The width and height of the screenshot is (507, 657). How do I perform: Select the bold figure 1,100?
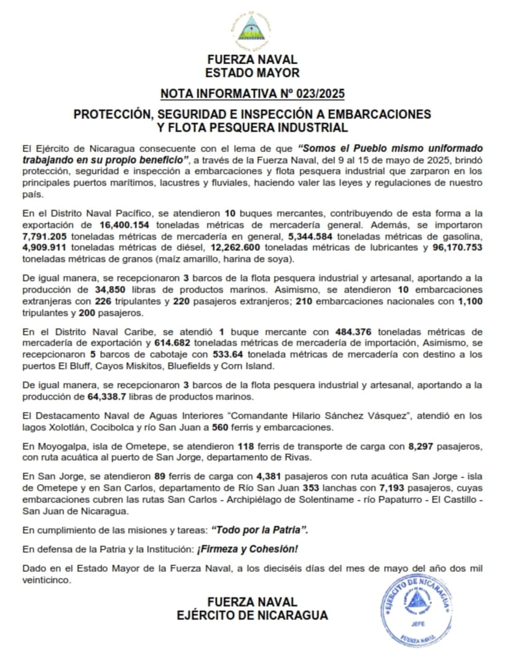[x=470, y=301]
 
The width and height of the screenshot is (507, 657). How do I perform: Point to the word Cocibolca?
[x=109, y=428]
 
